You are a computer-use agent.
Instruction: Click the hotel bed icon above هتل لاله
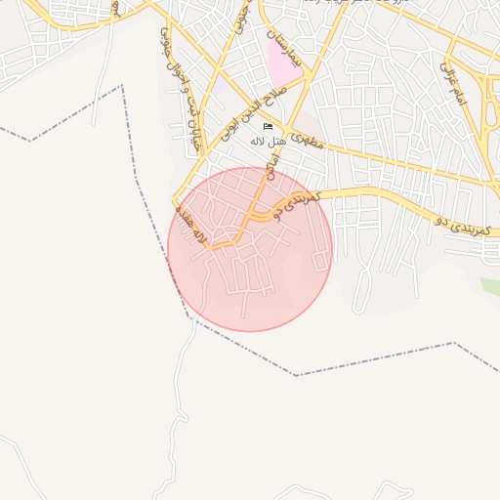(x=268, y=127)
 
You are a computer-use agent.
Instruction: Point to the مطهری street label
(x=307, y=139)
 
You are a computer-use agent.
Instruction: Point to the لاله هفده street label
(x=190, y=224)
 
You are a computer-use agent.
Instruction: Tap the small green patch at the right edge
(x=490, y=285)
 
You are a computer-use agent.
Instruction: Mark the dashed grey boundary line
(x=371, y=360)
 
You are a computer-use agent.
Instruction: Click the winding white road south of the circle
(x=184, y=391)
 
